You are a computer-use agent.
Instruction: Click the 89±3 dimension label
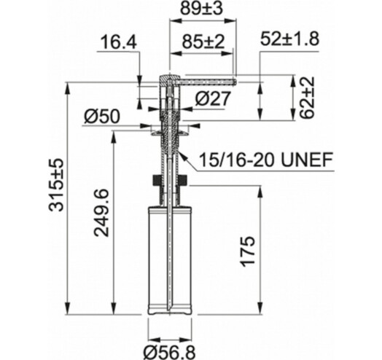pos(201,9)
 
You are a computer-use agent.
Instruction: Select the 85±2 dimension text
pos(203,42)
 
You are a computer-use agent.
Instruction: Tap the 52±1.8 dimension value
pos(289,39)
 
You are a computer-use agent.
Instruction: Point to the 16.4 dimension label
pos(119,42)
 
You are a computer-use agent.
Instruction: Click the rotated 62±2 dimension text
pos(306,98)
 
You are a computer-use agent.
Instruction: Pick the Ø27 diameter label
pos(213,99)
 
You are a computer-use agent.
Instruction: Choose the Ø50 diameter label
pos(102,116)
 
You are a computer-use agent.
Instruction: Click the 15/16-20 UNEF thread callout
pos(266,160)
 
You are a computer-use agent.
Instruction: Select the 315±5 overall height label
pos(56,184)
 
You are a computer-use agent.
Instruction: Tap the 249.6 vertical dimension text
pos(101,212)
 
